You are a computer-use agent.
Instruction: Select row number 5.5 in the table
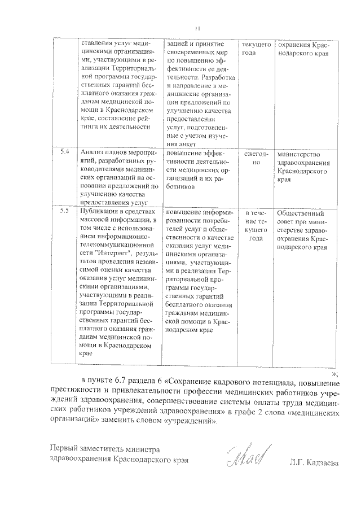(64, 211)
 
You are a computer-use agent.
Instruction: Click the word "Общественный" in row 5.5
(302, 212)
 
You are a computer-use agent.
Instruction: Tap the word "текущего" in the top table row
(256, 44)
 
